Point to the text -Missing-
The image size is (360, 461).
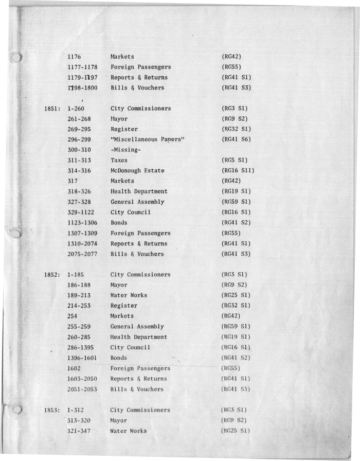coord(125,150)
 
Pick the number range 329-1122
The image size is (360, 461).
coord(82,212)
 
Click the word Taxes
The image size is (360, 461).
coord(120,161)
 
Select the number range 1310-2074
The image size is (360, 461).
coord(82,243)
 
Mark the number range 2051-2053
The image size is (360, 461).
coord(82,389)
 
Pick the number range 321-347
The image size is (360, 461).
coord(80,431)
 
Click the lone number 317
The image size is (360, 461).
coord(73,181)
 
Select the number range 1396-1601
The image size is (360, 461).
coord(82,358)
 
